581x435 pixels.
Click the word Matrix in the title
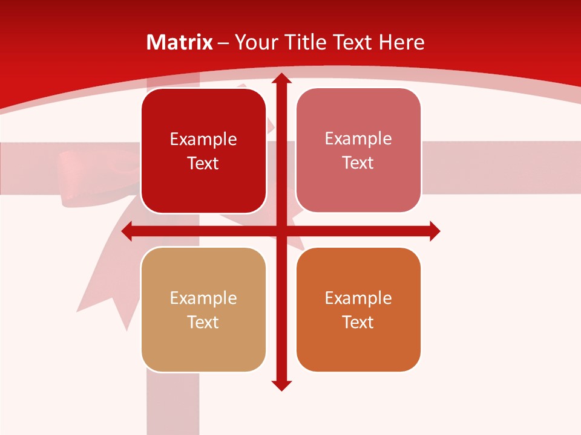[180, 42]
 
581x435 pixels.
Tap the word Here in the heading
[401, 42]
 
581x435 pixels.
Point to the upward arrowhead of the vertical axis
[281, 79]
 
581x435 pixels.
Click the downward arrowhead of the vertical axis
[281, 385]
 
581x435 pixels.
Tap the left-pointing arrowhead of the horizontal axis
[127, 231]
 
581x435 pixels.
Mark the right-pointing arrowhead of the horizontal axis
[435, 231]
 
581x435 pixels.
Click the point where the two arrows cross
[281, 231]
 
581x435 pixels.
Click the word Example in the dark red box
[203, 140]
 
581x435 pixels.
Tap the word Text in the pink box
[358, 163]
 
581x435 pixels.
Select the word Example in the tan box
[203, 298]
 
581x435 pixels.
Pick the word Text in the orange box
[358, 323]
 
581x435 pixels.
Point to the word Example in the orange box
[358, 298]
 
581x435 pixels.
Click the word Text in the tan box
[203, 323]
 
